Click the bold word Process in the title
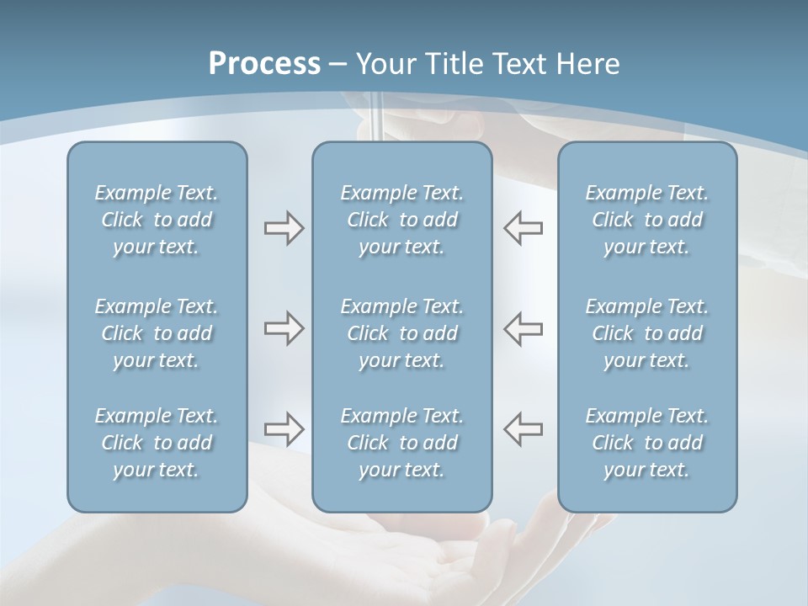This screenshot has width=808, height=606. pos(264,63)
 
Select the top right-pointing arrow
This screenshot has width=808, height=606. pos(284,228)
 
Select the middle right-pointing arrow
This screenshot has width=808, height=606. pos(284,328)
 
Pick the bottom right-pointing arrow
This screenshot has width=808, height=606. pos(284,428)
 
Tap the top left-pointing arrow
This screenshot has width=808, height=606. pos(524,228)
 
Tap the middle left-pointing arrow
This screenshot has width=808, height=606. pos(524,328)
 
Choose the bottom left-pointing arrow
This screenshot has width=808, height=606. pos(524,428)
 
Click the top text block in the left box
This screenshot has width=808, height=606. pos(157,220)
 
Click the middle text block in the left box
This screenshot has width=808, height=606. pos(157,333)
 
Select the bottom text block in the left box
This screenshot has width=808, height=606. pos(157,443)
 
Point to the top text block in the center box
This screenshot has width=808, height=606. pos(402,220)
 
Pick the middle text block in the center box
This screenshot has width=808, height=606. pos(402,333)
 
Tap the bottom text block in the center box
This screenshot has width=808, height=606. pos(402,443)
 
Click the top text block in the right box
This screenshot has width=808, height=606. pos(647,220)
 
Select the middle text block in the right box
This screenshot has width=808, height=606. pos(647,333)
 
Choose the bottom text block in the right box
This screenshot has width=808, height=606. pos(647,443)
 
